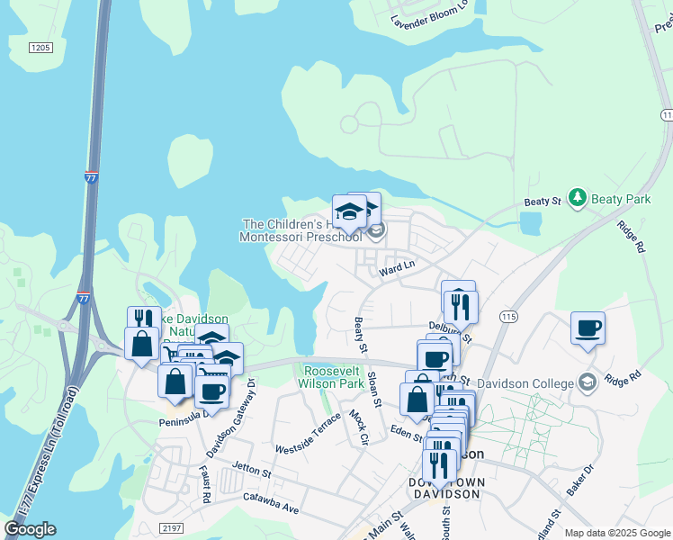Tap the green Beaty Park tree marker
(x=577, y=197)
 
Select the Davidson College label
(x=525, y=383)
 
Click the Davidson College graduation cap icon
(x=588, y=382)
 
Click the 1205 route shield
(x=40, y=47)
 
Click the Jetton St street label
(x=251, y=470)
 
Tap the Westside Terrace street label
(x=309, y=434)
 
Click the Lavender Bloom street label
(x=430, y=16)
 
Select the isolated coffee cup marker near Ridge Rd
(x=588, y=328)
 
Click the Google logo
(x=31, y=529)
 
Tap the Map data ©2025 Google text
(x=616, y=533)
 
